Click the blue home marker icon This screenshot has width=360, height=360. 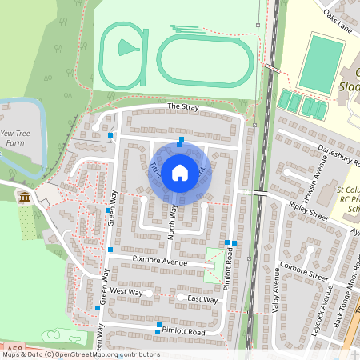click(180, 171)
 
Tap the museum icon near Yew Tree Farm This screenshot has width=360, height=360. click(25, 197)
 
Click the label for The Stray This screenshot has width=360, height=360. click(182, 107)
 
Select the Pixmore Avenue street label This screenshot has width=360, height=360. click(159, 262)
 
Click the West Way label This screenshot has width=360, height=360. click(126, 291)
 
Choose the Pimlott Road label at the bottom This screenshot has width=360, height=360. click(183, 330)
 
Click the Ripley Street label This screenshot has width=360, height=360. click(309, 211)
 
